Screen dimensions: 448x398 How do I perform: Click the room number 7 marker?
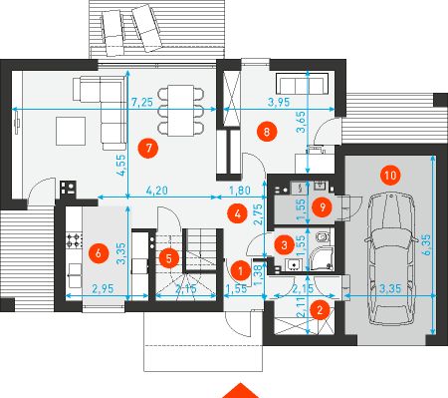148,148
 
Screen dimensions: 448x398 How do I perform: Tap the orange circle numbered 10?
390,176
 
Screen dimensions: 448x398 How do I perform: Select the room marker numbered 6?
99,253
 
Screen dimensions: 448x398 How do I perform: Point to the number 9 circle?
322,207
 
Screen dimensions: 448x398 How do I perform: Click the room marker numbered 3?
285,245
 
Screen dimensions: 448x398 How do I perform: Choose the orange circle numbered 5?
169,258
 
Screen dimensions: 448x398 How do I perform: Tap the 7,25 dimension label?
142,102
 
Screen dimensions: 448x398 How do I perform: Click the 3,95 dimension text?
279,102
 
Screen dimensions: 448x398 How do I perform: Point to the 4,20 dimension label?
156,191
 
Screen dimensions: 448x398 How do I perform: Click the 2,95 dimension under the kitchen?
103,289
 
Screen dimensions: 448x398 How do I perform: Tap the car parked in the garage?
391,260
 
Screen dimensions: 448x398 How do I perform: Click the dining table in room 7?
180,111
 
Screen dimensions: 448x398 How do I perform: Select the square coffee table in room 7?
71,131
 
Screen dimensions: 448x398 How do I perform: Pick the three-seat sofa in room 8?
303,84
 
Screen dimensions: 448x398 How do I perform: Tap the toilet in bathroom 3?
323,237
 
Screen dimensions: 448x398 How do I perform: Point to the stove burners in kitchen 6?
75,240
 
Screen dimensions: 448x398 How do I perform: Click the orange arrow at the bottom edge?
240,391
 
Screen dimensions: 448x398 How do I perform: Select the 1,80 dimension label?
240,191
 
